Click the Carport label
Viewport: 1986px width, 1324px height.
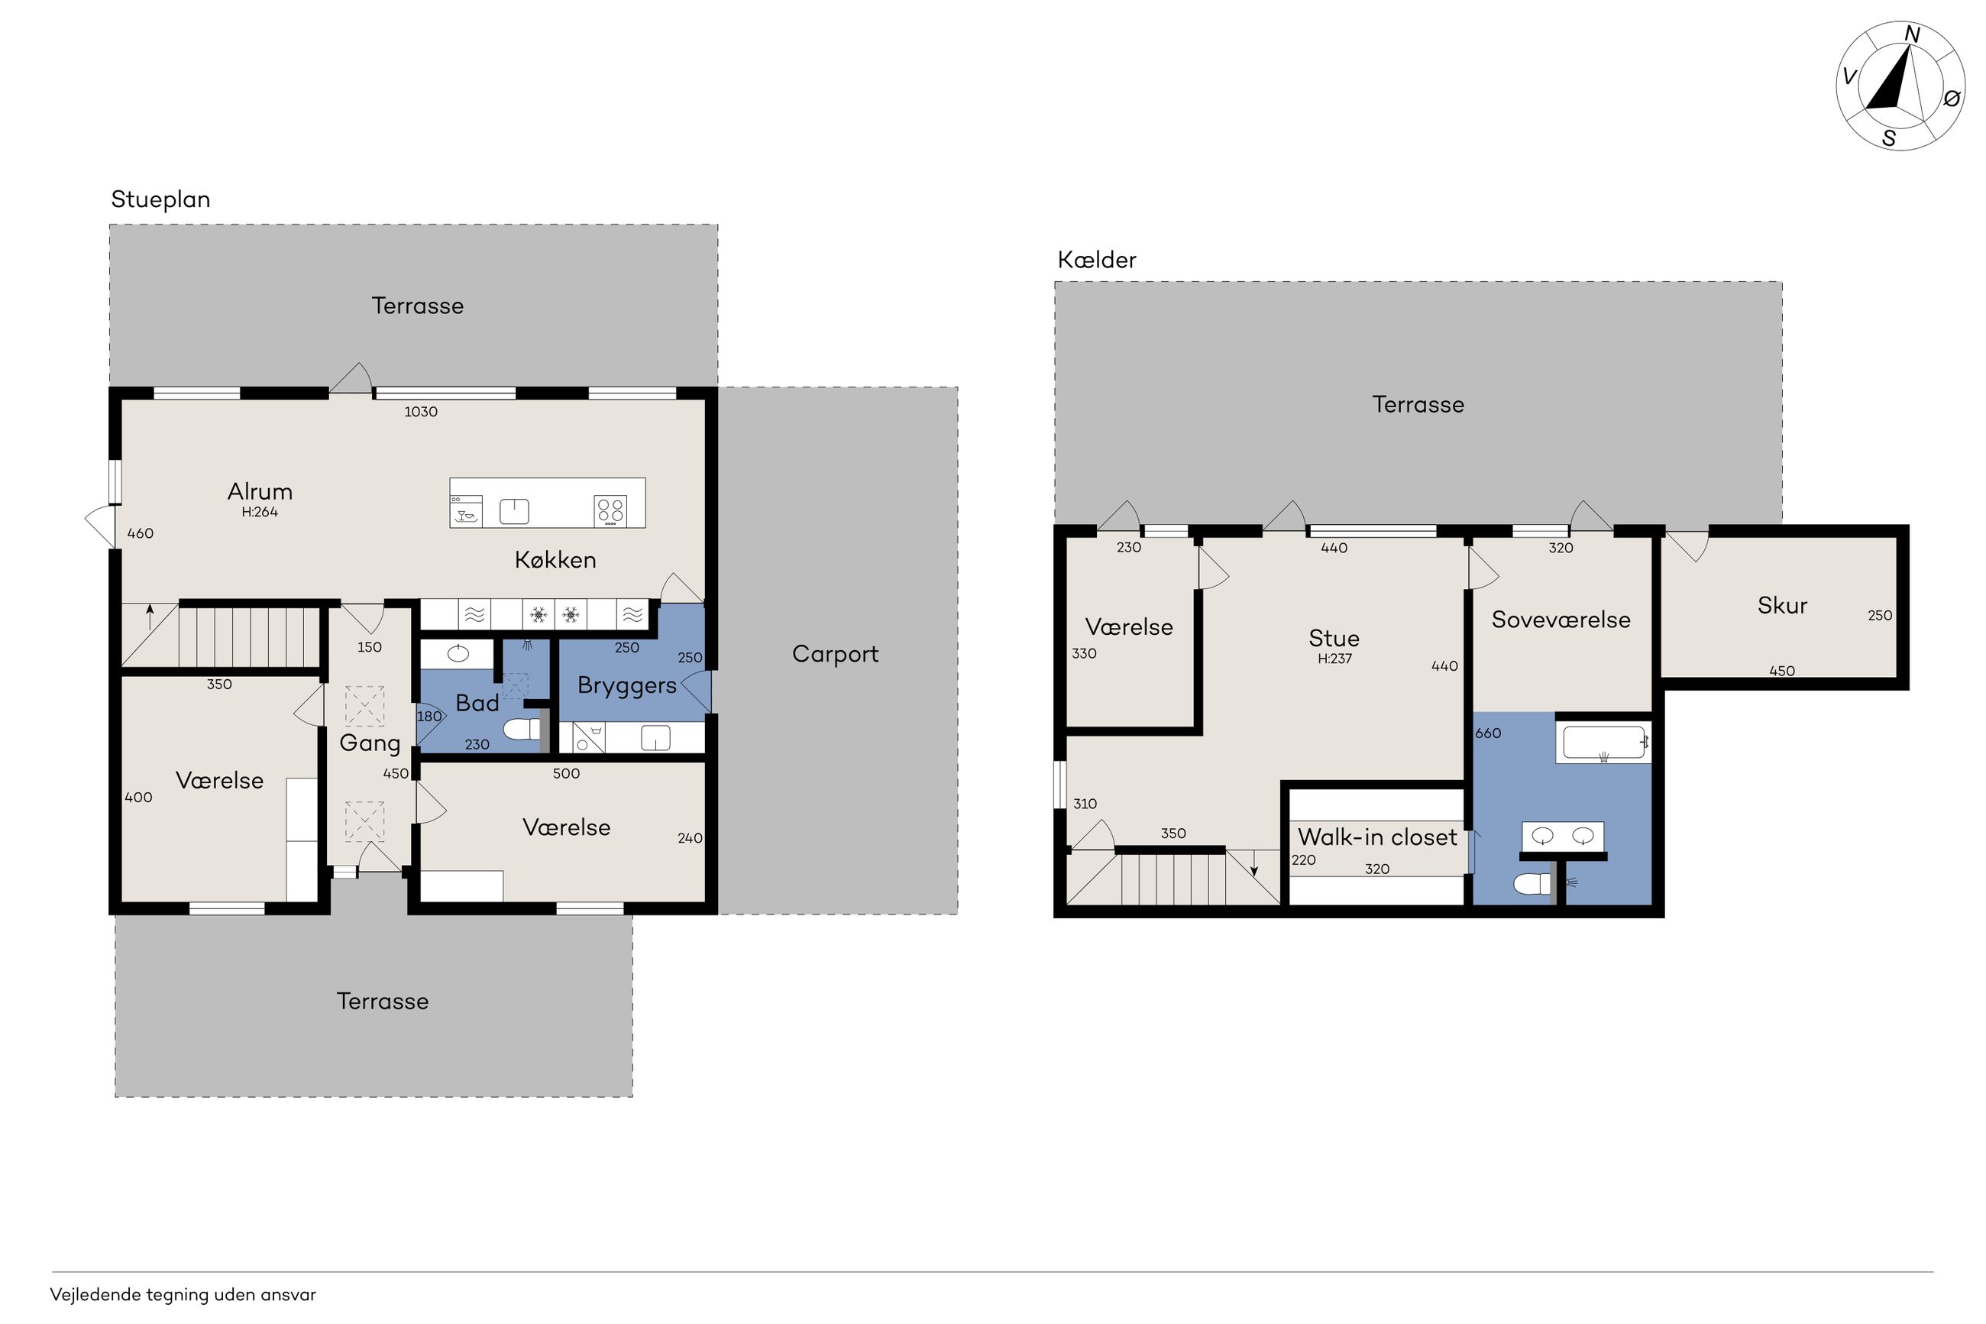click(835, 655)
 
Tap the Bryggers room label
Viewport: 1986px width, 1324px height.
click(626, 685)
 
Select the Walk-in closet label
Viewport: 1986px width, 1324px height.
click(1376, 837)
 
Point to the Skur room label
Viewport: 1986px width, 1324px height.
click(1782, 605)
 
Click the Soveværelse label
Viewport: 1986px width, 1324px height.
click(1561, 620)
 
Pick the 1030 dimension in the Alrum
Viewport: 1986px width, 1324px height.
click(420, 412)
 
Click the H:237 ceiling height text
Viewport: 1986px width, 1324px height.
click(1334, 659)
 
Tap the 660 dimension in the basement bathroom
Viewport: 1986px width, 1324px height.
click(1488, 733)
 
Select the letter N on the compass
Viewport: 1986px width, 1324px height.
click(1913, 34)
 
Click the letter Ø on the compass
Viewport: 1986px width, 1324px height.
click(1952, 99)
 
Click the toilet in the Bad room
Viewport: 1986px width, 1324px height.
click(522, 729)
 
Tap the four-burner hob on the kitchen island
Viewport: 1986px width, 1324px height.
click(610, 510)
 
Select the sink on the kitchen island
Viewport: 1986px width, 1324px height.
click(514, 512)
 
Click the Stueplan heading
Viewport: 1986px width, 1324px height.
click(160, 200)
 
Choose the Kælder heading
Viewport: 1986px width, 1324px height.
click(1096, 259)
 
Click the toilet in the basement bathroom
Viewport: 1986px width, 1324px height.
click(1534, 883)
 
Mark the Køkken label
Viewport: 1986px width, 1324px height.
click(555, 560)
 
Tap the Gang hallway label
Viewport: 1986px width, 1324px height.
click(370, 744)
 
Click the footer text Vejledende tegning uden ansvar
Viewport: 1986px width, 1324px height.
click(183, 1295)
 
